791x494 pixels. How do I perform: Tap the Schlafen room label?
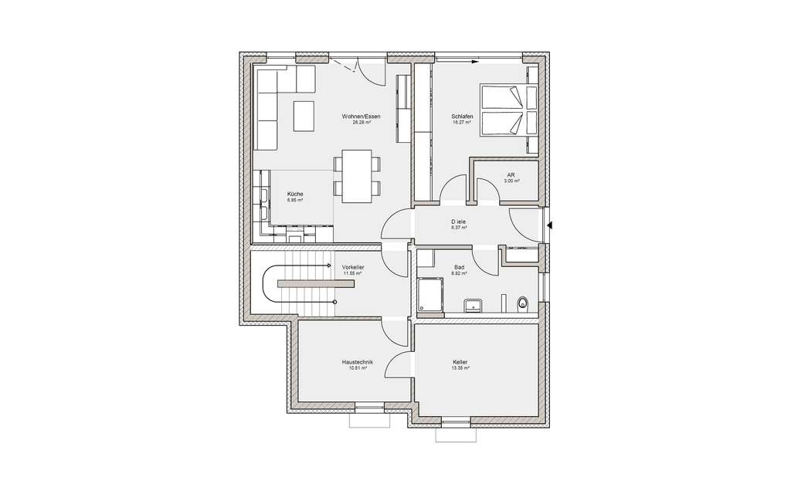tap(462, 117)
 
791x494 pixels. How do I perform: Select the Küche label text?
tap(294, 194)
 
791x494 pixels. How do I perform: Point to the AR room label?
tap(511, 175)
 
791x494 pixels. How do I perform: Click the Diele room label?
tap(460, 222)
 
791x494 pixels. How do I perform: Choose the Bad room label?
tap(459, 267)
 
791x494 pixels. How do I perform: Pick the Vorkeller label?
tap(353, 267)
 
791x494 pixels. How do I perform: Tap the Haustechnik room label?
tap(357, 362)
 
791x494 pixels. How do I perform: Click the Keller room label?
tap(461, 362)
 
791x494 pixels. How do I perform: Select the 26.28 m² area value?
tap(362, 123)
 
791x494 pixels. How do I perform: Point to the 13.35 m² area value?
tap(461, 368)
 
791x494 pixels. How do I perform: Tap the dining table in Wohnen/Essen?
tap(356, 176)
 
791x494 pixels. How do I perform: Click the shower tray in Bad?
tap(429, 297)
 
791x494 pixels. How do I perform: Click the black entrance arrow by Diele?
tap(549, 225)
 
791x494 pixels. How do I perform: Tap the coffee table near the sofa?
tap(304, 117)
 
